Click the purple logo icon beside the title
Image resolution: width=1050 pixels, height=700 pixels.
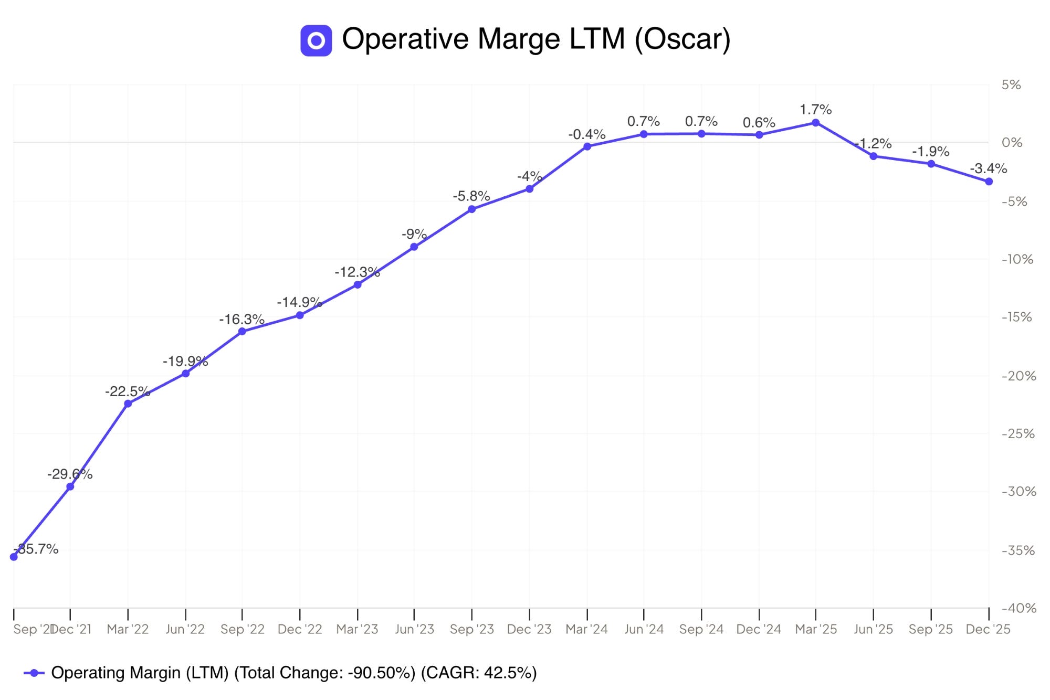[x=316, y=40]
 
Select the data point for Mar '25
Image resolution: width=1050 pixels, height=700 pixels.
[x=815, y=123]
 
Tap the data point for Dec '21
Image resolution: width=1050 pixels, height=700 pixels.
[x=70, y=487]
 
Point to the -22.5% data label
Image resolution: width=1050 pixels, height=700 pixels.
[x=128, y=391]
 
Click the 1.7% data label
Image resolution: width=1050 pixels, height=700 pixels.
[x=815, y=110]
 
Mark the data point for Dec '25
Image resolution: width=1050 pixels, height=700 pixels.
[x=989, y=182]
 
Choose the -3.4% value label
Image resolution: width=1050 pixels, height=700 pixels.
[x=988, y=168]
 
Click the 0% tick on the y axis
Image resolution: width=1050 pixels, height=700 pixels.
[x=1012, y=143]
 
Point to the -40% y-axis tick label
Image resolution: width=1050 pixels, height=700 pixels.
[x=1019, y=608]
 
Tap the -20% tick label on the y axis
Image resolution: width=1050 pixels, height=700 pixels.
[x=1019, y=376]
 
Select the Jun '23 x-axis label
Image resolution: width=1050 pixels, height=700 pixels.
[x=414, y=629]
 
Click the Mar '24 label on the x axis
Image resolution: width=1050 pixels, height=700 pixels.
[x=586, y=629]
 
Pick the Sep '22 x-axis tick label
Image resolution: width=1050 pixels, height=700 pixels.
[x=242, y=629]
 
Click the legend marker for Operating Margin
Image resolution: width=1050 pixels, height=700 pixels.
[x=34, y=673]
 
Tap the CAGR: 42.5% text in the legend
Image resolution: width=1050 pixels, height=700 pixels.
[x=478, y=673]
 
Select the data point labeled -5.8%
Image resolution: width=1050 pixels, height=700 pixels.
[x=471, y=209]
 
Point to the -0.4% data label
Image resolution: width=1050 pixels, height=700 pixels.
[x=587, y=134]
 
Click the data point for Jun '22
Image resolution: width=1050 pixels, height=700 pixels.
[x=185, y=374]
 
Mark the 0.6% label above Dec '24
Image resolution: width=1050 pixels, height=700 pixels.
[x=759, y=122]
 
